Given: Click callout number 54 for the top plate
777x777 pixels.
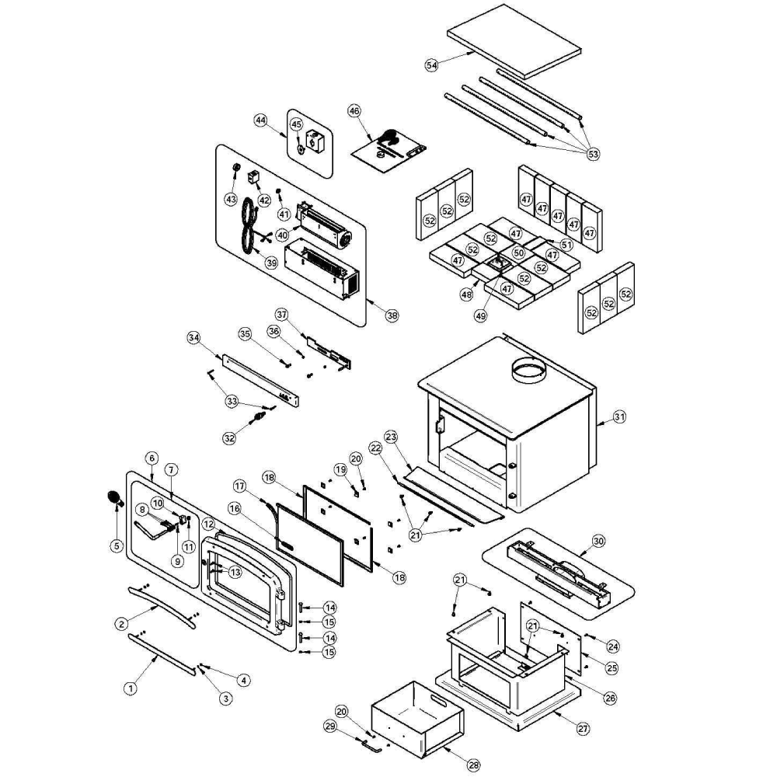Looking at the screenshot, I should pyautogui.click(x=432, y=66).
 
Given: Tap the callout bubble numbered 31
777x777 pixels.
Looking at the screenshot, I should pyautogui.click(x=618, y=417).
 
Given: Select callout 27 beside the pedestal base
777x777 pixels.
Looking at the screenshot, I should pyautogui.click(x=583, y=729).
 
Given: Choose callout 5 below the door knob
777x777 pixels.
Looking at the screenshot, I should pyautogui.click(x=117, y=546).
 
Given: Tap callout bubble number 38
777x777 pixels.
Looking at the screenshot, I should pyautogui.click(x=392, y=315).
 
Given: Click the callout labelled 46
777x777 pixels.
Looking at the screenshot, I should pyautogui.click(x=354, y=111).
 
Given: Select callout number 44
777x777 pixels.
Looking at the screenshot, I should pyautogui.click(x=260, y=120).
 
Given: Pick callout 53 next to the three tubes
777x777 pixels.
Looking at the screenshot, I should pyautogui.click(x=593, y=155).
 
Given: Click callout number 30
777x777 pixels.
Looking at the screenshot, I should pyautogui.click(x=598, y=540).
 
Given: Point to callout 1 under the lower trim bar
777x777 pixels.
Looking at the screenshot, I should pyautogui.click(x=131, y=688).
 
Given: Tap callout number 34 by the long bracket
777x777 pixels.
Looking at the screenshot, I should pyautogui.click(x=194, y=337).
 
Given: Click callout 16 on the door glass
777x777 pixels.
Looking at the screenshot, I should pyautogui.click(x=234, y=507).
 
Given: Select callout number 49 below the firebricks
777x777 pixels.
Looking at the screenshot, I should pyautogui.click(x=481, y=316).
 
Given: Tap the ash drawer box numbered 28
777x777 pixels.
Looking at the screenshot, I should pyautogui.click(x=416, y=719).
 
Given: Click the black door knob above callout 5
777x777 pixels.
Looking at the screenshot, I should pyautogui.click(x=113, y=497).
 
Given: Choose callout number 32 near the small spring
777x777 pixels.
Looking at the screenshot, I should pyautogui.click(x=229, y=438).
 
